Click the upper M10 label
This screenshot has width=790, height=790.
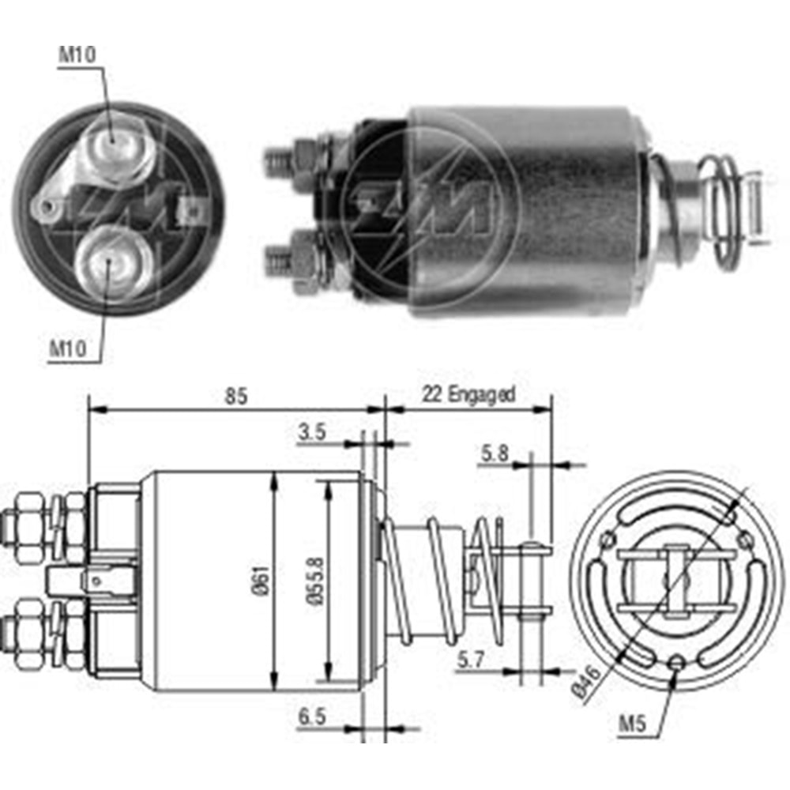click(77, 56)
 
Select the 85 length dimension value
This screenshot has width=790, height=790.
click(235, 397)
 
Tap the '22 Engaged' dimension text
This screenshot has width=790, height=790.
click(468, 393)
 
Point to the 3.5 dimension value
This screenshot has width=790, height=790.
click(313, 432)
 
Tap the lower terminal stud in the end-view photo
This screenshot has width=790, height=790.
click(112, 263)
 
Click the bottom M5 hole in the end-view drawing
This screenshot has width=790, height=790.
click(676, 663)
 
